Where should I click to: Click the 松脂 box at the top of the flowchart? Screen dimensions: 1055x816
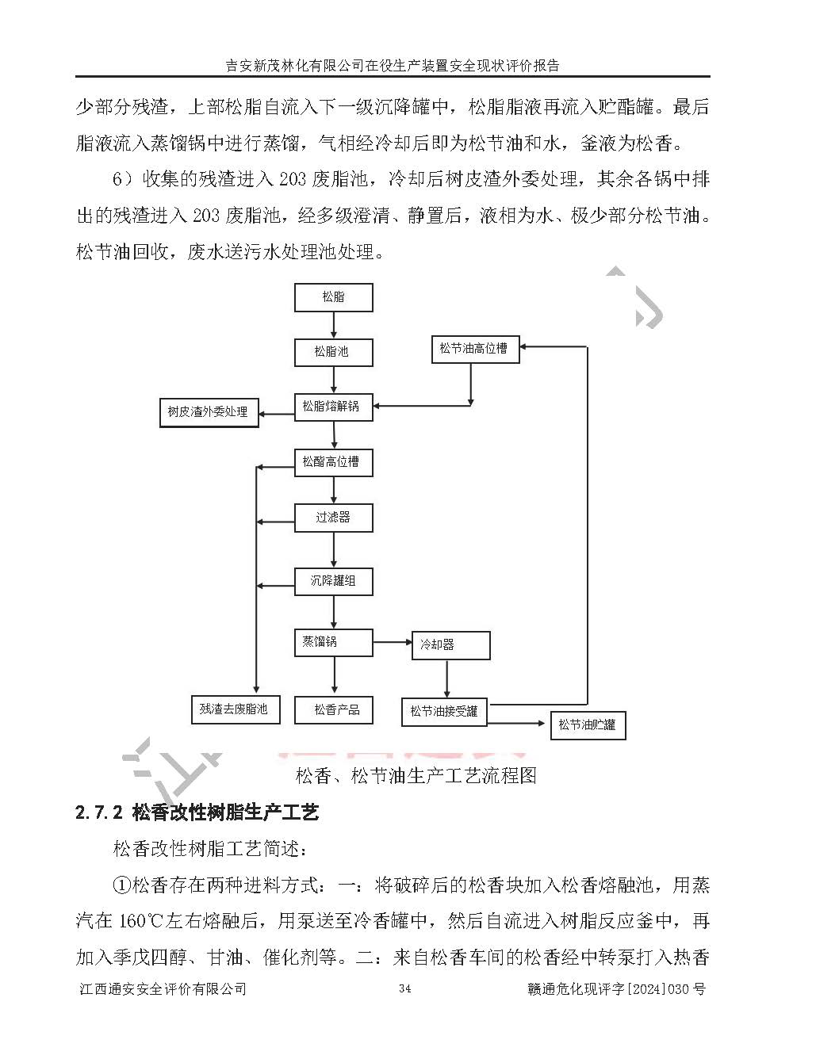pos(333,297)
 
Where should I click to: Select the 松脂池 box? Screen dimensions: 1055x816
pos(333,351)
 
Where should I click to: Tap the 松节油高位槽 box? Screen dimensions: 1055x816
pos(475,348)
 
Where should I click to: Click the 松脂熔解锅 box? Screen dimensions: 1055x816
pos(333,407)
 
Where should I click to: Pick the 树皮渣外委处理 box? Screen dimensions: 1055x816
pos(209,412)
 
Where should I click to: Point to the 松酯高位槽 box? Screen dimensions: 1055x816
pos(333,462)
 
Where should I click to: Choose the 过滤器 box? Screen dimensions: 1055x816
pos(333,518)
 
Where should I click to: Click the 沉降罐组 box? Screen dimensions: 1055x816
pos(333,581)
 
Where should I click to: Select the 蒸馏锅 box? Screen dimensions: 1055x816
pos(333,642)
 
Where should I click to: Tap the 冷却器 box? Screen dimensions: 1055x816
pos(450,645)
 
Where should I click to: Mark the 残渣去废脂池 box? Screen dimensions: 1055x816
pos(235,709)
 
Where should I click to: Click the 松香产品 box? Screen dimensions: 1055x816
pos(333,709)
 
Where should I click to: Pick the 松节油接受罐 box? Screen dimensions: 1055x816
pos(444,711)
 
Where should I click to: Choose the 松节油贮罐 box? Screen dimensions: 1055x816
pos(587,724)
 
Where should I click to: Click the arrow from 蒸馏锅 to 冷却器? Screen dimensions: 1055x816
pos(392,642)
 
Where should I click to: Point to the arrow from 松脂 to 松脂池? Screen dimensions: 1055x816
pos(333,325)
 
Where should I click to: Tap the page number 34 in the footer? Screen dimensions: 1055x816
pos(404,988)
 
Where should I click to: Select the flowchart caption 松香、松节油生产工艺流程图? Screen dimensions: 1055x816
pos(416,774)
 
